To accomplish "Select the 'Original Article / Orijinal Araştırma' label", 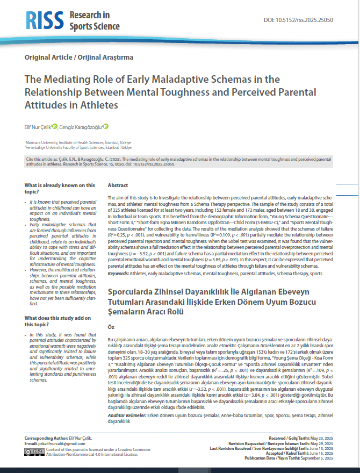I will (x=79, y=57).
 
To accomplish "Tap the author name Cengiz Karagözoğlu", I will (x=80, y=127).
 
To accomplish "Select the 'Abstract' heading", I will (x=118, y=185).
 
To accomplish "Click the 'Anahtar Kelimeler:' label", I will (x=127, y=415).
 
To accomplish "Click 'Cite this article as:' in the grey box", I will (x=43, y=160).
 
